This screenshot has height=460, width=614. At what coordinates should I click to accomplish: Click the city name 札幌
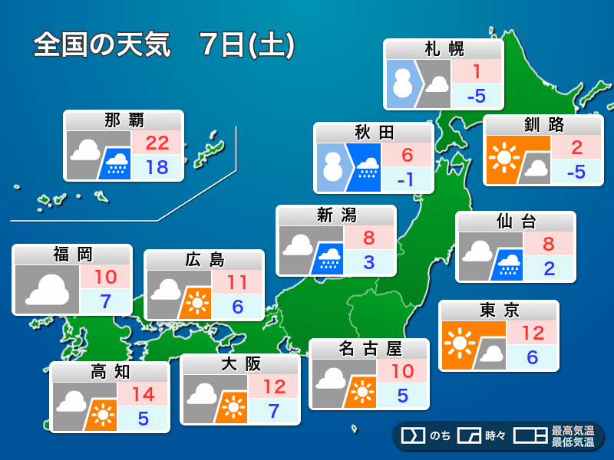444,49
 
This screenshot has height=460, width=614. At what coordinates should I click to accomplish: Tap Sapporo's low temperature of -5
477,97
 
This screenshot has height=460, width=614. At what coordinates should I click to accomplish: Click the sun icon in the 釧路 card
504,158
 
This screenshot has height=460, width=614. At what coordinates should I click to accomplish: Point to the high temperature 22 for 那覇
157,143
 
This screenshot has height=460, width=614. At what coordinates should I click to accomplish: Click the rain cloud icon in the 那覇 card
115,163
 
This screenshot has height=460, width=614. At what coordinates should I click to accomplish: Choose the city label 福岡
73,254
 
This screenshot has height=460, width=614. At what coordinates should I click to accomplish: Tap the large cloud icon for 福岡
46,290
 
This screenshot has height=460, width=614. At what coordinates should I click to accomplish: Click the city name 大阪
239,363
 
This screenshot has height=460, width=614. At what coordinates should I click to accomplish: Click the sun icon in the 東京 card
460,342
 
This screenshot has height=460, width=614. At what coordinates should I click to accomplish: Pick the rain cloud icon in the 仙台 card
507,265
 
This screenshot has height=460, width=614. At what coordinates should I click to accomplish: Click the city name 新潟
336,215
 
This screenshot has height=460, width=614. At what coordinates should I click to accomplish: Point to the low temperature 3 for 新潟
369,262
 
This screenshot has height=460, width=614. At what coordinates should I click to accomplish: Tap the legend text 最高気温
573,431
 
